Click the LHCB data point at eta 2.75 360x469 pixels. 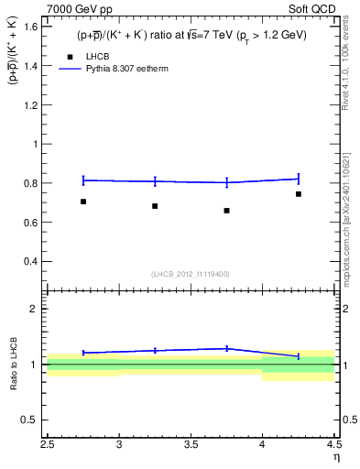(83, 202)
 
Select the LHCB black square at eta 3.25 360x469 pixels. (155, 206)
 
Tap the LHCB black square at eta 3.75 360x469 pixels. (226, 211)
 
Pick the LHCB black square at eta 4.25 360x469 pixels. (299, 194)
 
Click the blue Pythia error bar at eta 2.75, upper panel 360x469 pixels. (83, 180)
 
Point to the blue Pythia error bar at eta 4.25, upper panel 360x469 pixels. (299, 179)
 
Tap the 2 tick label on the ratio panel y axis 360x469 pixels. (37, 309)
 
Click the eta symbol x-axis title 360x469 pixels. (335, 457)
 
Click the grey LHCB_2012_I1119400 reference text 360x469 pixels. (191, 274)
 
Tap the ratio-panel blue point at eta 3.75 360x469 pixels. (226, 348)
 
